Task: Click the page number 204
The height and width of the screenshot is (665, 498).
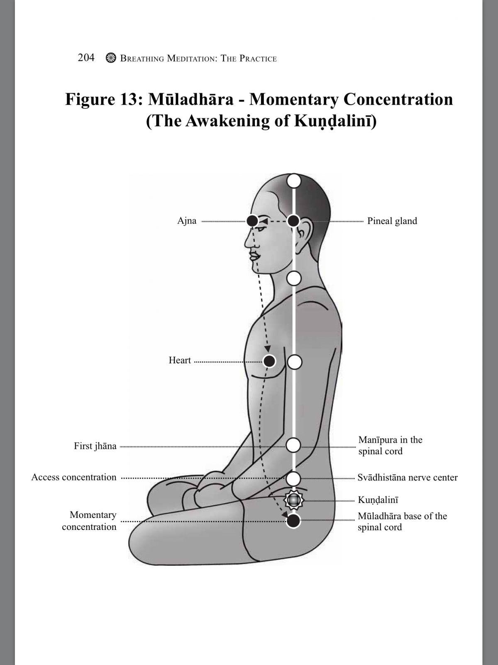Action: [x=86, y=57]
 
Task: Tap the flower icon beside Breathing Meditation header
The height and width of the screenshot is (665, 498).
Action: [x=111, y=58]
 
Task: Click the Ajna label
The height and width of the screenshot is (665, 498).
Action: [x=187, y=221]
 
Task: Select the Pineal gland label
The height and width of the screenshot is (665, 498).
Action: [x=392, y=221]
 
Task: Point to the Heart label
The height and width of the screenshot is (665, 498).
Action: [x=180, y=360]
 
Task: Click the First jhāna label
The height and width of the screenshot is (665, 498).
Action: [x=95, y=446]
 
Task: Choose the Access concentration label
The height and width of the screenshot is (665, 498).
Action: [x=74, y=477]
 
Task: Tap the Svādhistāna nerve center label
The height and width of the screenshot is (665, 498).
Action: [x=408, y=478]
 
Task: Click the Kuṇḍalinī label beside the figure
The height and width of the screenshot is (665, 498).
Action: [x=378, y=500]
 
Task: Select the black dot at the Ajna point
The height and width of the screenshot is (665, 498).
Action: [x=252, y=221]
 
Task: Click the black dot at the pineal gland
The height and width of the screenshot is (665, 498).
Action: [x=293, y=221]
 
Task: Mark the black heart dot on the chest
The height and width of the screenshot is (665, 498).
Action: [x=269, y=361]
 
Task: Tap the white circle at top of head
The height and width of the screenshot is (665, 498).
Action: [x=294, y=181]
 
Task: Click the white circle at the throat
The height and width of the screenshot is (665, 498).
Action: [x=294, y=278]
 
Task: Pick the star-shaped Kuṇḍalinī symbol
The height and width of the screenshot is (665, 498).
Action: [x=293, y=500]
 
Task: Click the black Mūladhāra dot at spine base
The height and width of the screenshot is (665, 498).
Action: [x=293, y=521]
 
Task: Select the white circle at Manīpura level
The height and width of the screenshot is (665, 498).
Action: [x=293, y=445]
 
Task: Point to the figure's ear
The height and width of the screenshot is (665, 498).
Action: [x=303, y=231]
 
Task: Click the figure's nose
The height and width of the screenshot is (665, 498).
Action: [x=249, y=241]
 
